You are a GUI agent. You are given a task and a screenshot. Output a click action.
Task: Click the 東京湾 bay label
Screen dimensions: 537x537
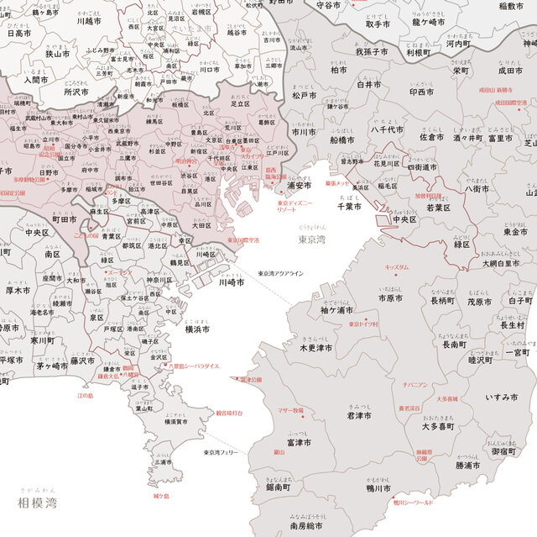pos(313,240)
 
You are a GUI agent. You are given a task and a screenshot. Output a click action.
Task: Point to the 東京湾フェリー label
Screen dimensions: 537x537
pos(221,452)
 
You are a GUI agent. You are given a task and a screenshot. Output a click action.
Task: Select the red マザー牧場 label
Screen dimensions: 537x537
pos(290,411)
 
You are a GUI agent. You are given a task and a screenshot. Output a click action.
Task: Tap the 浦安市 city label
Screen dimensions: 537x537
pos(300,185)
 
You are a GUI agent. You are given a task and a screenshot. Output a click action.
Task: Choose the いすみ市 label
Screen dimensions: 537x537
pos(503,397)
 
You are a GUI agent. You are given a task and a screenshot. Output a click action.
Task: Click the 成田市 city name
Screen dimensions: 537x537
pos(509,71)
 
